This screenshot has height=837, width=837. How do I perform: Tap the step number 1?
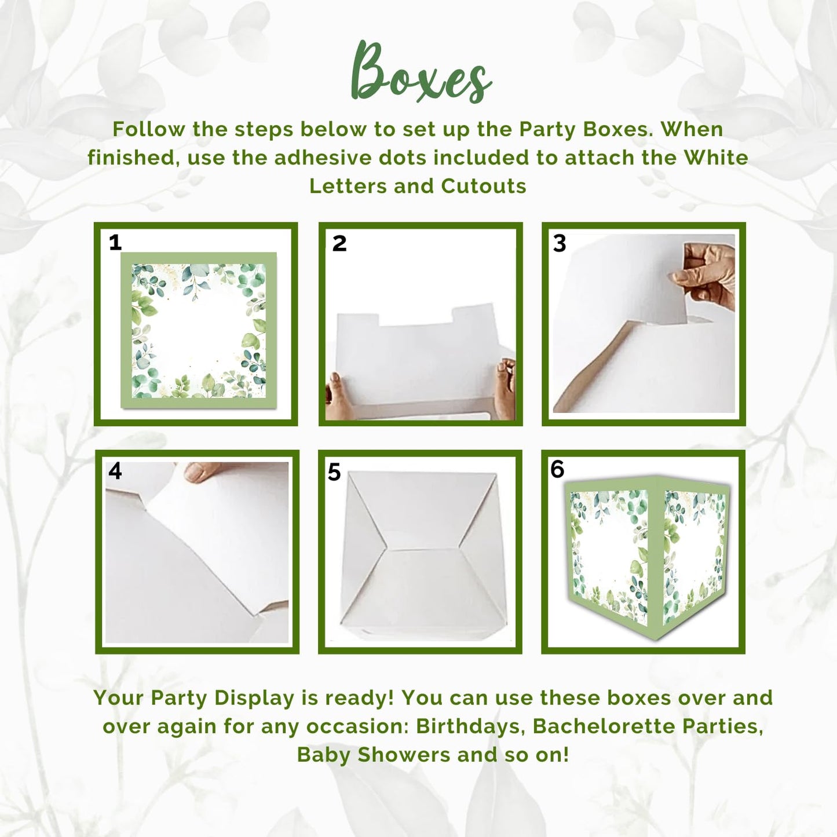point(115,242)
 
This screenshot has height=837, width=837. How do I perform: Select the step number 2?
point(339,243)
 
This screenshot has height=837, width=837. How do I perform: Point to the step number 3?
point(560,243)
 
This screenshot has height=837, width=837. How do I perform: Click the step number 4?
point(115,471)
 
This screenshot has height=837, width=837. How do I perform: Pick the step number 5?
point(334,472)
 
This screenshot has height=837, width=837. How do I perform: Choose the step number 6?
point(557,469)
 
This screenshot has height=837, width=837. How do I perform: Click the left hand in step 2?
point(335,397)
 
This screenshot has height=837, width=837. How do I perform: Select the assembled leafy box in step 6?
point(646,556)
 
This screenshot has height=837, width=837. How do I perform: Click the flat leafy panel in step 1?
point(198,330)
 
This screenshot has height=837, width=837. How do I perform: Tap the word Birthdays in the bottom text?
point(470,726)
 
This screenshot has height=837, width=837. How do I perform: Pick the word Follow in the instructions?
point(149,129)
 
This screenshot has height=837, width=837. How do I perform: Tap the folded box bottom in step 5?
point(421,553)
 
